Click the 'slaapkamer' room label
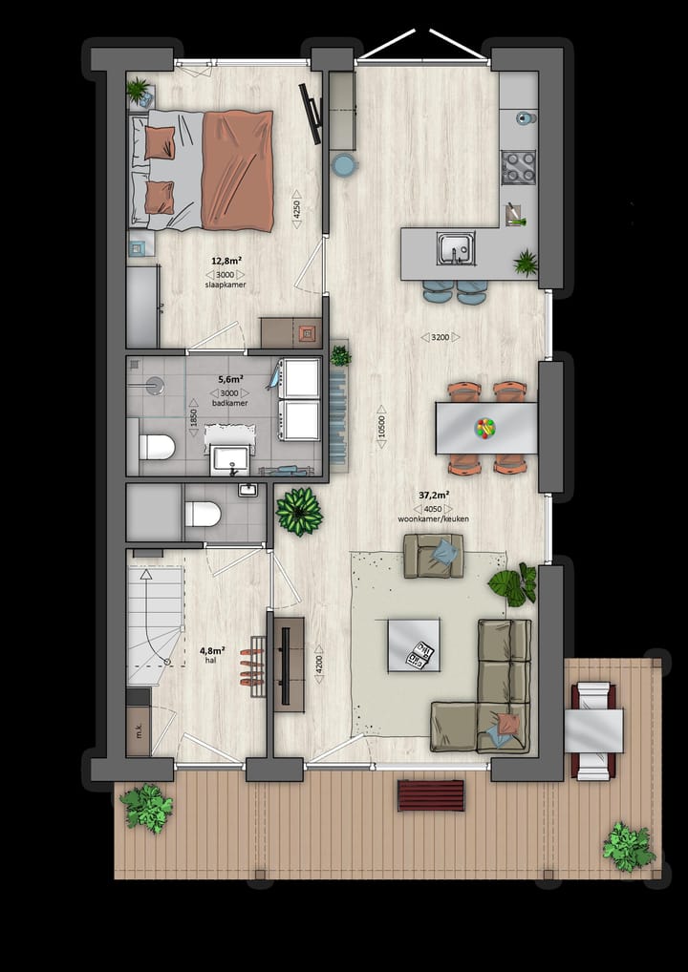(x=226, y=285)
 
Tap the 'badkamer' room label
(x=229, y=403)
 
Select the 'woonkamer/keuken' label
(x=434, y=518)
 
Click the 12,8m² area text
(x=226, y=260)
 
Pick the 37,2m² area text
(x=434, y=495)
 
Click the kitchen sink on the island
(x=456, y=248)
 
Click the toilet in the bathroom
(x=157, y=447)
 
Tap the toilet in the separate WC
(x=203, y=515)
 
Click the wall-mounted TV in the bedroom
(x=310, y=113)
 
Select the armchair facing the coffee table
(x=434, y=555)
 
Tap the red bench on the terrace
(x=431, y=794)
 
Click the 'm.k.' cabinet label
(x=138, y=732)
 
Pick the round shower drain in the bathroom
(x=154, y=386)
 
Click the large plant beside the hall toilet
(x=299, y=511)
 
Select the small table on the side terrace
(x=593, y=730)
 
